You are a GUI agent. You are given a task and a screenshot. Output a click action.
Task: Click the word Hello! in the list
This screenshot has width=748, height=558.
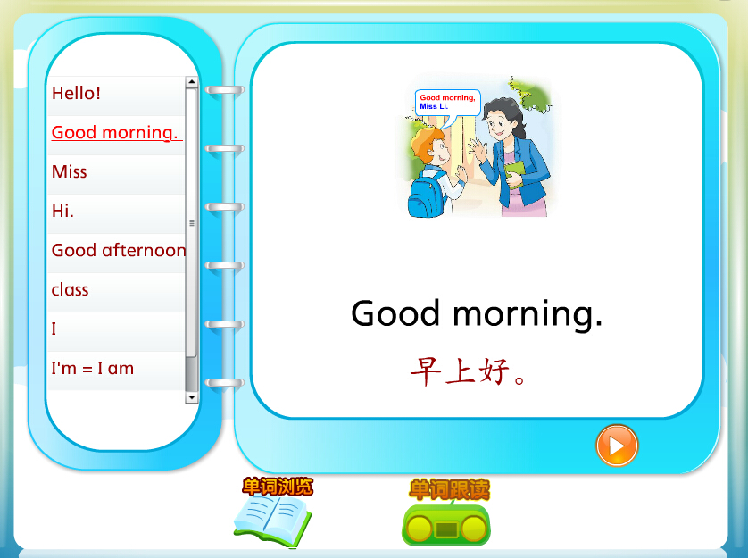click(x=77, y=93)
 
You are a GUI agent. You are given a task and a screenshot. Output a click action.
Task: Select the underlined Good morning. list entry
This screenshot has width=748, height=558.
click(x=116, y=133)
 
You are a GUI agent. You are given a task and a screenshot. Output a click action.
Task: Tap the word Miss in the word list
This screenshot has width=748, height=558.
click(x=69, y=171)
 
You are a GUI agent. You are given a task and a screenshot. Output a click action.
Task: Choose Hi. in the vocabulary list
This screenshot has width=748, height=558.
click(x=62, y=211)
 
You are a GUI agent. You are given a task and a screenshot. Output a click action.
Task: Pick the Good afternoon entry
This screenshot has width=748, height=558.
click(x=119, y=251)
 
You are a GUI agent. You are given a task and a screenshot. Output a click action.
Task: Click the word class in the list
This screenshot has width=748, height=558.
click(x=71, y=290)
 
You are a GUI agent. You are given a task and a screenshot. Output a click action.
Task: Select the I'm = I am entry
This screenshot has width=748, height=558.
click(x=93, y=369)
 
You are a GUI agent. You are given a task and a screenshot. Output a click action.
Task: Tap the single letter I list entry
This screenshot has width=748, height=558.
click(x=54, y=329)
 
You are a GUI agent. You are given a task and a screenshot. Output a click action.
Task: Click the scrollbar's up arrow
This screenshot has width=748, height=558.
click(x=192, y=82)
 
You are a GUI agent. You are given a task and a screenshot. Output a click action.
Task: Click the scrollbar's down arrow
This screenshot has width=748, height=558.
click(x=192, y=397)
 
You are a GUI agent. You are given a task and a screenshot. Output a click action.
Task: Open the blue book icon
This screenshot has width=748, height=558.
click(x=272, y=521)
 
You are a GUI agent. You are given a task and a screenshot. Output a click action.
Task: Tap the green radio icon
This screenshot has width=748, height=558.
click(x=446, y=524)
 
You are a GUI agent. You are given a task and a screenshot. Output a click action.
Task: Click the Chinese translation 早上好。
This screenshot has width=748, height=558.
click(x=468, y=371)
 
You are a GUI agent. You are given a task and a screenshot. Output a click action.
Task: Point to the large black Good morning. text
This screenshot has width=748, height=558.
click(x=477, y=314)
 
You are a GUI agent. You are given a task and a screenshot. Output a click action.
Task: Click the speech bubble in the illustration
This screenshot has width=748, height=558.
click(x=447, y=103)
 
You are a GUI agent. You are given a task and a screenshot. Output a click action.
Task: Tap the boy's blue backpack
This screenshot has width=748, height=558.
click(x=426, y=196)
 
